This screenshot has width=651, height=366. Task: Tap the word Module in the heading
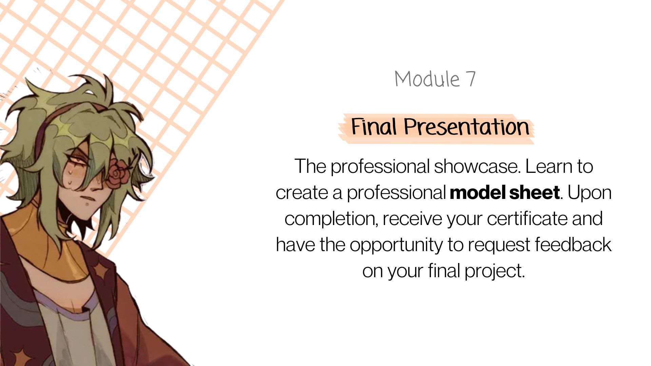click(427, 79)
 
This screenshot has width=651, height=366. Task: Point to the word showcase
click(477, 166)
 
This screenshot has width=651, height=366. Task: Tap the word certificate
click(528, 219)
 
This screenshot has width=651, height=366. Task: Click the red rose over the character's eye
click(117, 174)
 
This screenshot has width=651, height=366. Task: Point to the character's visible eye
click(79, 162)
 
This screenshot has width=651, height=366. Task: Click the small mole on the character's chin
click(88, 204)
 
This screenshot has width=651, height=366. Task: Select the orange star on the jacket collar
click(100, 270)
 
